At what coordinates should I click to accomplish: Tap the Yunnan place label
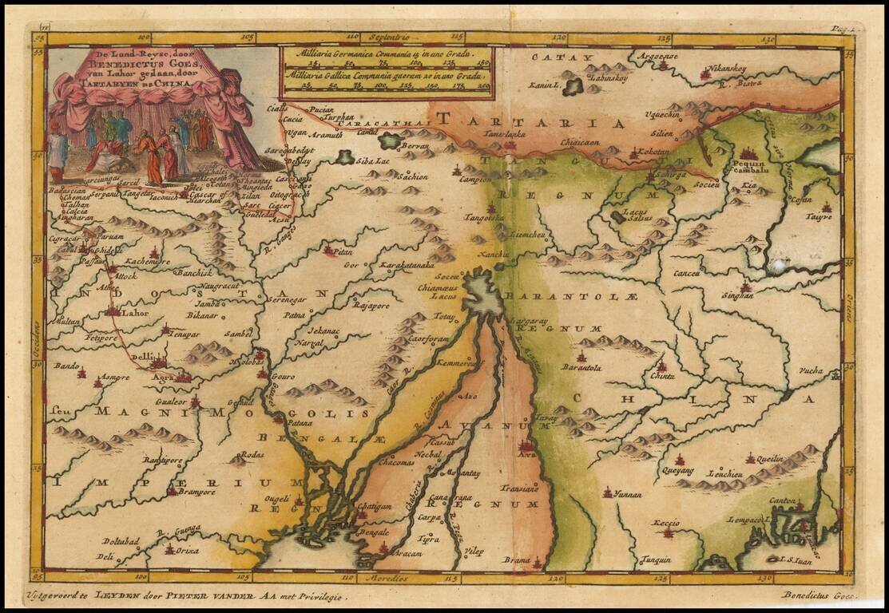pyautogui.click(x=627, y=495)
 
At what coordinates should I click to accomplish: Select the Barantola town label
pyautogui.click(x=581, y=368)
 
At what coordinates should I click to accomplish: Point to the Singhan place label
pyautogui.click(x=737, y=295)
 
